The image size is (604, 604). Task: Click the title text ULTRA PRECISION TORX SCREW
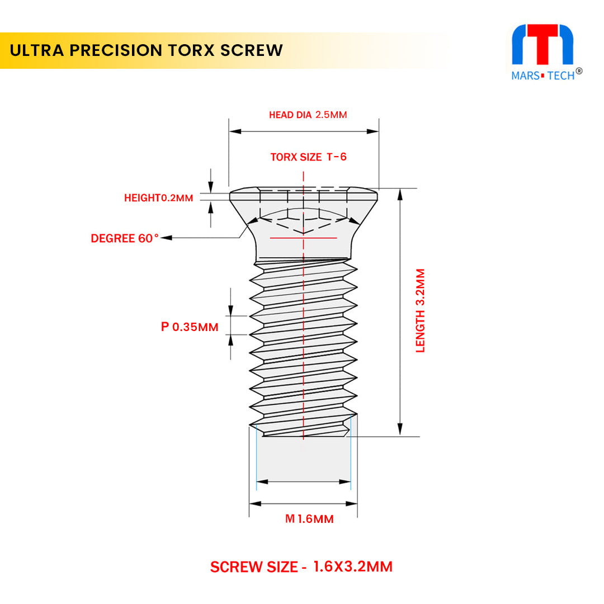tap(147, 50)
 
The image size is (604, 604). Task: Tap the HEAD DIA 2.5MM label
tap(308, 115)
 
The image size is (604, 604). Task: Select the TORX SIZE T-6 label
tap(308, 157)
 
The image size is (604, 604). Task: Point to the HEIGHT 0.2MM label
tap(158, 197)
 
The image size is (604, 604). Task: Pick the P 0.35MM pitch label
tap(190, 327)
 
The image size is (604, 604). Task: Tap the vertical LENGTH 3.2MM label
tap(420, 310)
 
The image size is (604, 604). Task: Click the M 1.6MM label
tap(309, 519)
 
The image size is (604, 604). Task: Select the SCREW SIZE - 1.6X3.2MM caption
tap(301, 567)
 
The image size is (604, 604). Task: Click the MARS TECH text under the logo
tap(542, 75)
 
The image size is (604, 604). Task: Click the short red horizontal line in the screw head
tap(303, 238)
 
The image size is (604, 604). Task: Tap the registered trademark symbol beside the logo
tap(579, 71)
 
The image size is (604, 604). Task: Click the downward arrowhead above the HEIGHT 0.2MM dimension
tap(211, 188)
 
